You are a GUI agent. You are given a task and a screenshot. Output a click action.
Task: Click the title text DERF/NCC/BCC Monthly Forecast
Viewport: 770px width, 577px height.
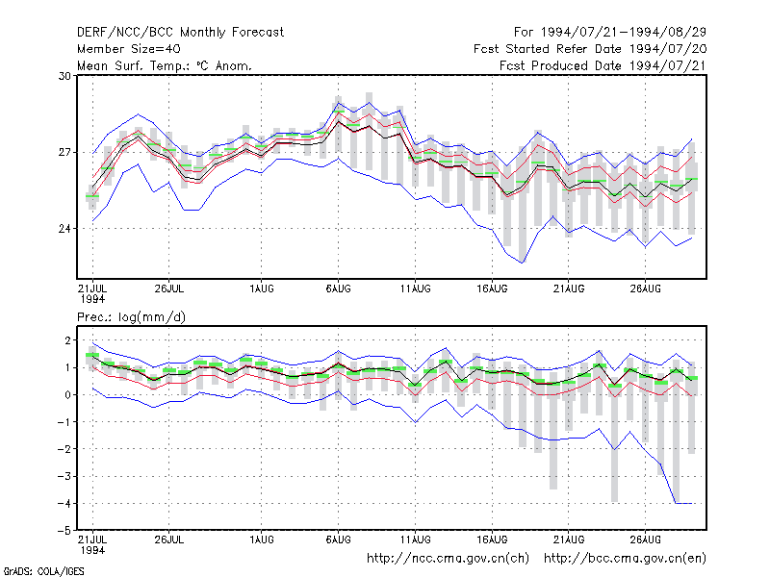180,33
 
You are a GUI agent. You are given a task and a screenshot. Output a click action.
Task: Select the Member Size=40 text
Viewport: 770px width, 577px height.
129,49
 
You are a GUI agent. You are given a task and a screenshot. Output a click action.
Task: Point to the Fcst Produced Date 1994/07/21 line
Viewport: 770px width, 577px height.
603,65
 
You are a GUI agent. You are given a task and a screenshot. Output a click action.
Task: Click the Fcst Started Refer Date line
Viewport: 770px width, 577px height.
590,49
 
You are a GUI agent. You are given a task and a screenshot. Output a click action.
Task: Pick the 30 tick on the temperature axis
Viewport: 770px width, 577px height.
64,76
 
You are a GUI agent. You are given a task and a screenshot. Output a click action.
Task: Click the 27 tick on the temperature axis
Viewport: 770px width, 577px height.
64,153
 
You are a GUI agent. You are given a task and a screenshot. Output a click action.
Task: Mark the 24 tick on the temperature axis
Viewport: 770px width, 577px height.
64,229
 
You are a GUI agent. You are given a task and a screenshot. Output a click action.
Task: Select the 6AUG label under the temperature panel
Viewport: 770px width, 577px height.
339,288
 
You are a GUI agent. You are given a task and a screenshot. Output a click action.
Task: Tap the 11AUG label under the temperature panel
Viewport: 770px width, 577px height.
415,288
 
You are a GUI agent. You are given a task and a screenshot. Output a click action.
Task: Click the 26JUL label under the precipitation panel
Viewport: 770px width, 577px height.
169,539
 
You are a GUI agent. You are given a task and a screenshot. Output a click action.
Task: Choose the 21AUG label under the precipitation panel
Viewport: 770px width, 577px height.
569,539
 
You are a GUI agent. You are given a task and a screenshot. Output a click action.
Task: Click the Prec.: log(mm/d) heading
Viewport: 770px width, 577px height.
131,317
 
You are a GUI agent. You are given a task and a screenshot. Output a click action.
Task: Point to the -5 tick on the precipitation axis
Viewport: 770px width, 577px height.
64,531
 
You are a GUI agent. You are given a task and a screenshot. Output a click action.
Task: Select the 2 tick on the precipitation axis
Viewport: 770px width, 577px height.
67,340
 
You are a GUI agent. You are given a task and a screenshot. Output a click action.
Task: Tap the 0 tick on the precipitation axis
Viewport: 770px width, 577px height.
67,395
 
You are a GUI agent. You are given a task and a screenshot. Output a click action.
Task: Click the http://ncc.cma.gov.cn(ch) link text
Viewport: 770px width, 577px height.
448,559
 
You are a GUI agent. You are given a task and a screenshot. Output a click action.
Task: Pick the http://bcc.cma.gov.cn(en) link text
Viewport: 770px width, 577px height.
625,559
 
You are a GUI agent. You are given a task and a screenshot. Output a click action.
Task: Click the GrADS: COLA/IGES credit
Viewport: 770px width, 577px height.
43,571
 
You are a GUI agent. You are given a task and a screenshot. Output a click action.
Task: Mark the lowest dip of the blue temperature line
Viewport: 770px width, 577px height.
523,263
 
